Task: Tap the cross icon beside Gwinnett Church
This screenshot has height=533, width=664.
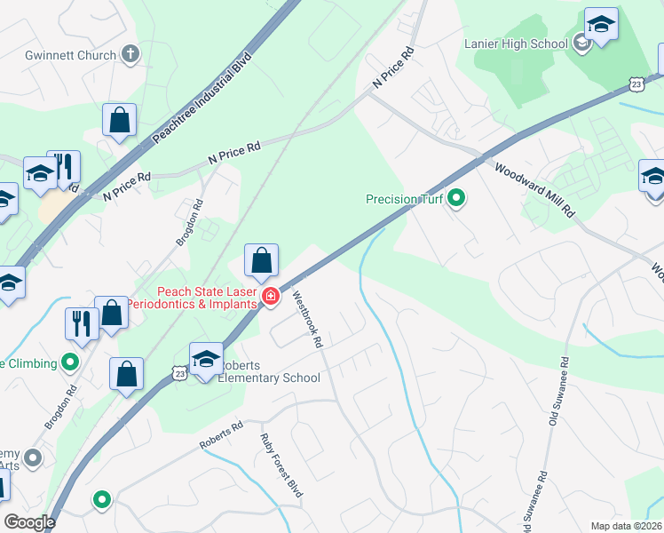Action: pyautogui.click(x=130, y=54)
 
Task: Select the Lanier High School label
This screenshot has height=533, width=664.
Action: pyautogui.click(x=516, y=44)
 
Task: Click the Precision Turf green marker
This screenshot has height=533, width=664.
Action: pyautogui.click(x=456, y=198)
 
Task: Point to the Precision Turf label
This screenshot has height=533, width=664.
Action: pyautogui.click(x=404, y=199)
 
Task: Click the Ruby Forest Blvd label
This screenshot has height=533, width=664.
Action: pyautogui.click(x=281, y=465)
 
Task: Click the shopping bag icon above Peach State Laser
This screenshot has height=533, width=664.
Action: pyautogui.click(x=261, y=261)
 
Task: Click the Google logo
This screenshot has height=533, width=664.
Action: pyautogui.click(x=29, y=522)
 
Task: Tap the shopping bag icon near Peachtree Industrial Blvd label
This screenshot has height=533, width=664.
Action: pyautogui.click(x=119, y=120)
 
